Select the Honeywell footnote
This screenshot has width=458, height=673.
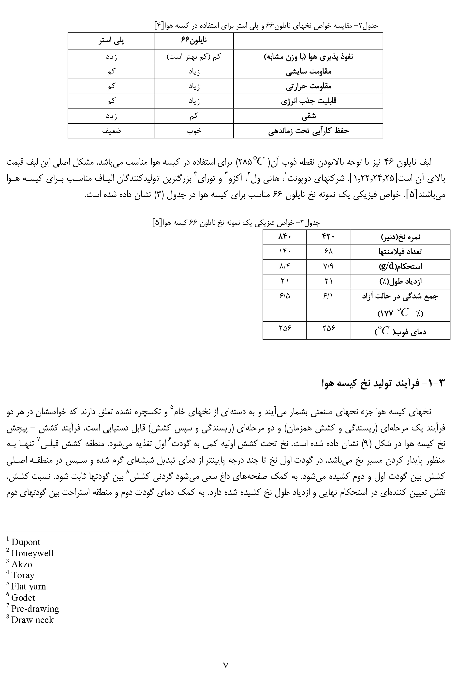tap(32, 553)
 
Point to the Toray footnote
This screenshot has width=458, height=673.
tap(23, 575)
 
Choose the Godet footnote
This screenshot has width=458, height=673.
tap(23, 597)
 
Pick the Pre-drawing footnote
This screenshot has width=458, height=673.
tap(35, 609)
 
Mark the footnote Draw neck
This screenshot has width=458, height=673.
tap(32, 620)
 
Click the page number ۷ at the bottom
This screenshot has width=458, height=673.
tap(226, 663)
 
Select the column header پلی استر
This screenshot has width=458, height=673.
tap(111, 41)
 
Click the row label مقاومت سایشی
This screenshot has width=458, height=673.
tap(308, 72)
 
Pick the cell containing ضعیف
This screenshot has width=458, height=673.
tap(111, 131)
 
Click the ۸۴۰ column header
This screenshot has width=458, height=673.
tap(284, 237)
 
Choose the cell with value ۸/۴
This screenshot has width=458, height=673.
tap(284, 267)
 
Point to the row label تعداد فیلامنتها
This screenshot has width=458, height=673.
tap(400, 252)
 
